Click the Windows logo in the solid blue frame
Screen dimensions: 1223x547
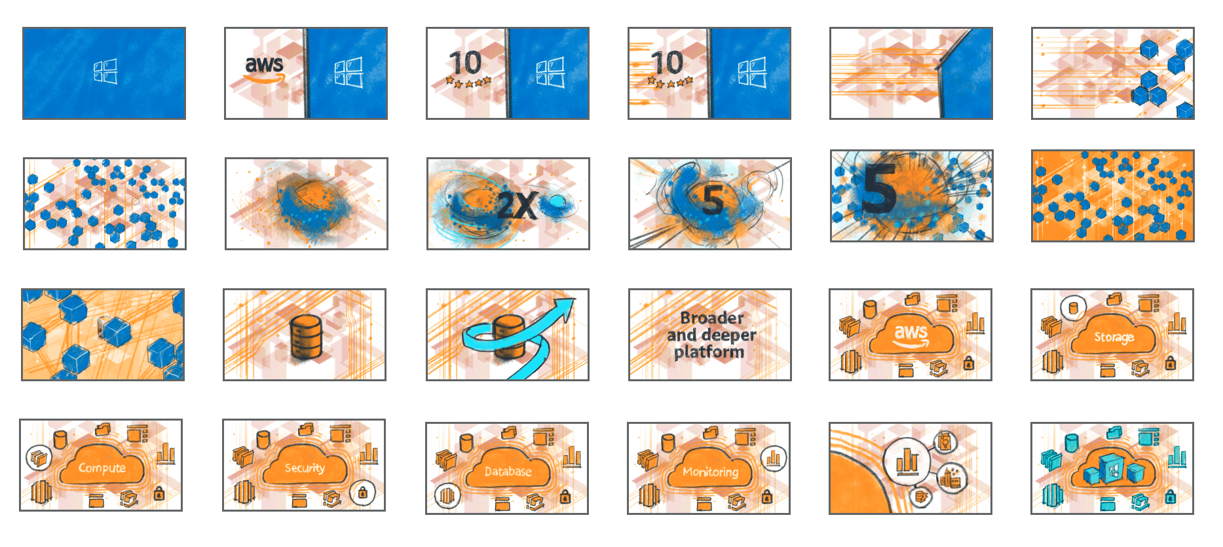(105, 72)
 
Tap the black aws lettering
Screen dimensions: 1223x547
(264, 64)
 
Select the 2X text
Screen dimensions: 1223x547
(517, 206)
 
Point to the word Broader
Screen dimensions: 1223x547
(712, 318)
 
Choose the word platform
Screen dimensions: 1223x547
(709, 352)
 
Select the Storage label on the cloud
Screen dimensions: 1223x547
(1114, 337)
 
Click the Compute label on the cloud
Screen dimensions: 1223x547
(102, 468)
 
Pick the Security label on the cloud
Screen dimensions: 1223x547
(305, 468)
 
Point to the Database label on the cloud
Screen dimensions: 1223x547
(508, 471)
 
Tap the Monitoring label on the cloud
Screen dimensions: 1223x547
(711, 472)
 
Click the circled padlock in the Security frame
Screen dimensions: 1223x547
(362, 493)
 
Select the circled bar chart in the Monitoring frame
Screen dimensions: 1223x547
(774, 458)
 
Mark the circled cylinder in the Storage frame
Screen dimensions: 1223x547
(1073, 307)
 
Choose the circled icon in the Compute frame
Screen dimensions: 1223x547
(39, 457)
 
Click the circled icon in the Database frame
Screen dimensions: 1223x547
(447, 496)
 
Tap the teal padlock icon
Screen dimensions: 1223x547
(1171, 498)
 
